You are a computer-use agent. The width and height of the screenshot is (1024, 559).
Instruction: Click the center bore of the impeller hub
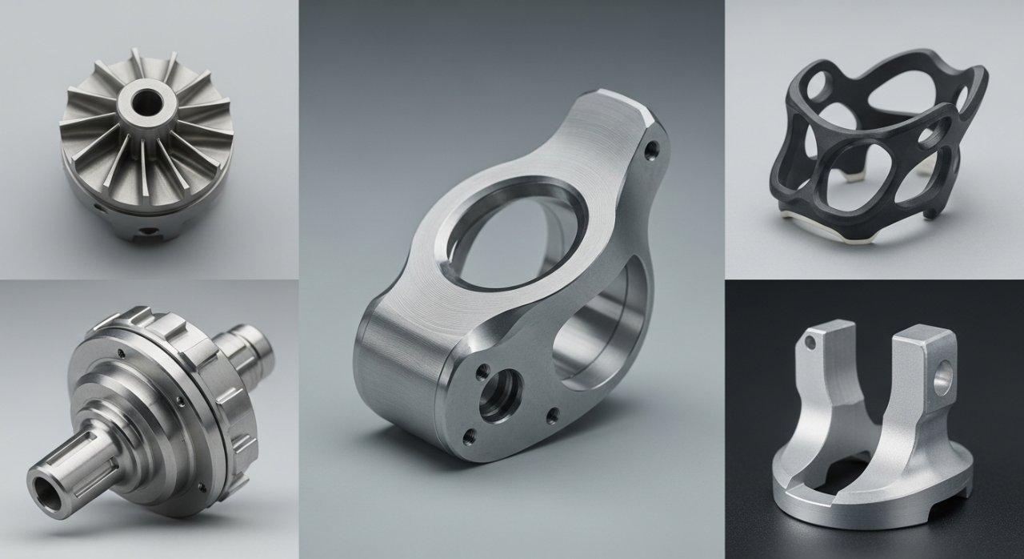click(148, 102)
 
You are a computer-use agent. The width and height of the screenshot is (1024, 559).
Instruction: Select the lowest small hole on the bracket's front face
click(469, 436)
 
